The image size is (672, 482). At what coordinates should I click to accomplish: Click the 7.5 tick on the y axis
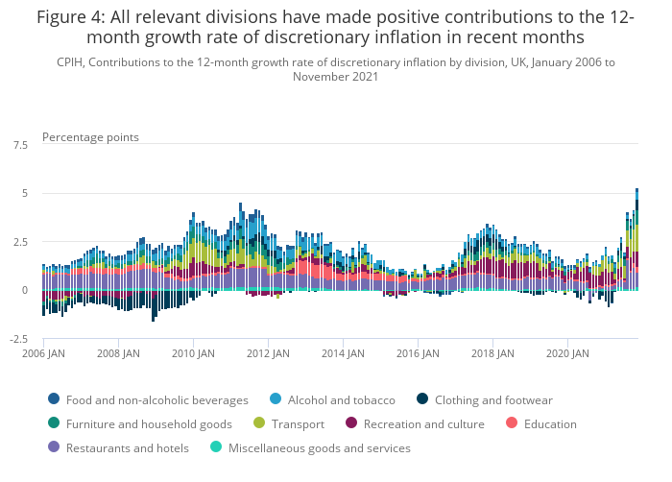20,145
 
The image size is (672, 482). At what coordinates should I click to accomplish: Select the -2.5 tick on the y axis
19,339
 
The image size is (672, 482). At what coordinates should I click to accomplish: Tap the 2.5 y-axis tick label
20,242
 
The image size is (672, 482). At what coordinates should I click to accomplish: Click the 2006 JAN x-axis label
43,353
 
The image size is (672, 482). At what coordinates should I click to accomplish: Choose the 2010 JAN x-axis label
193,353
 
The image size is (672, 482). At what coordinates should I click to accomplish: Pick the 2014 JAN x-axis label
343,353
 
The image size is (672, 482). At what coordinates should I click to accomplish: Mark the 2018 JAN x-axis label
492,353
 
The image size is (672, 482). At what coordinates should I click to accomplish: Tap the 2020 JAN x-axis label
566,353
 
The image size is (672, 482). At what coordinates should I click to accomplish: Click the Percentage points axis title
90,137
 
